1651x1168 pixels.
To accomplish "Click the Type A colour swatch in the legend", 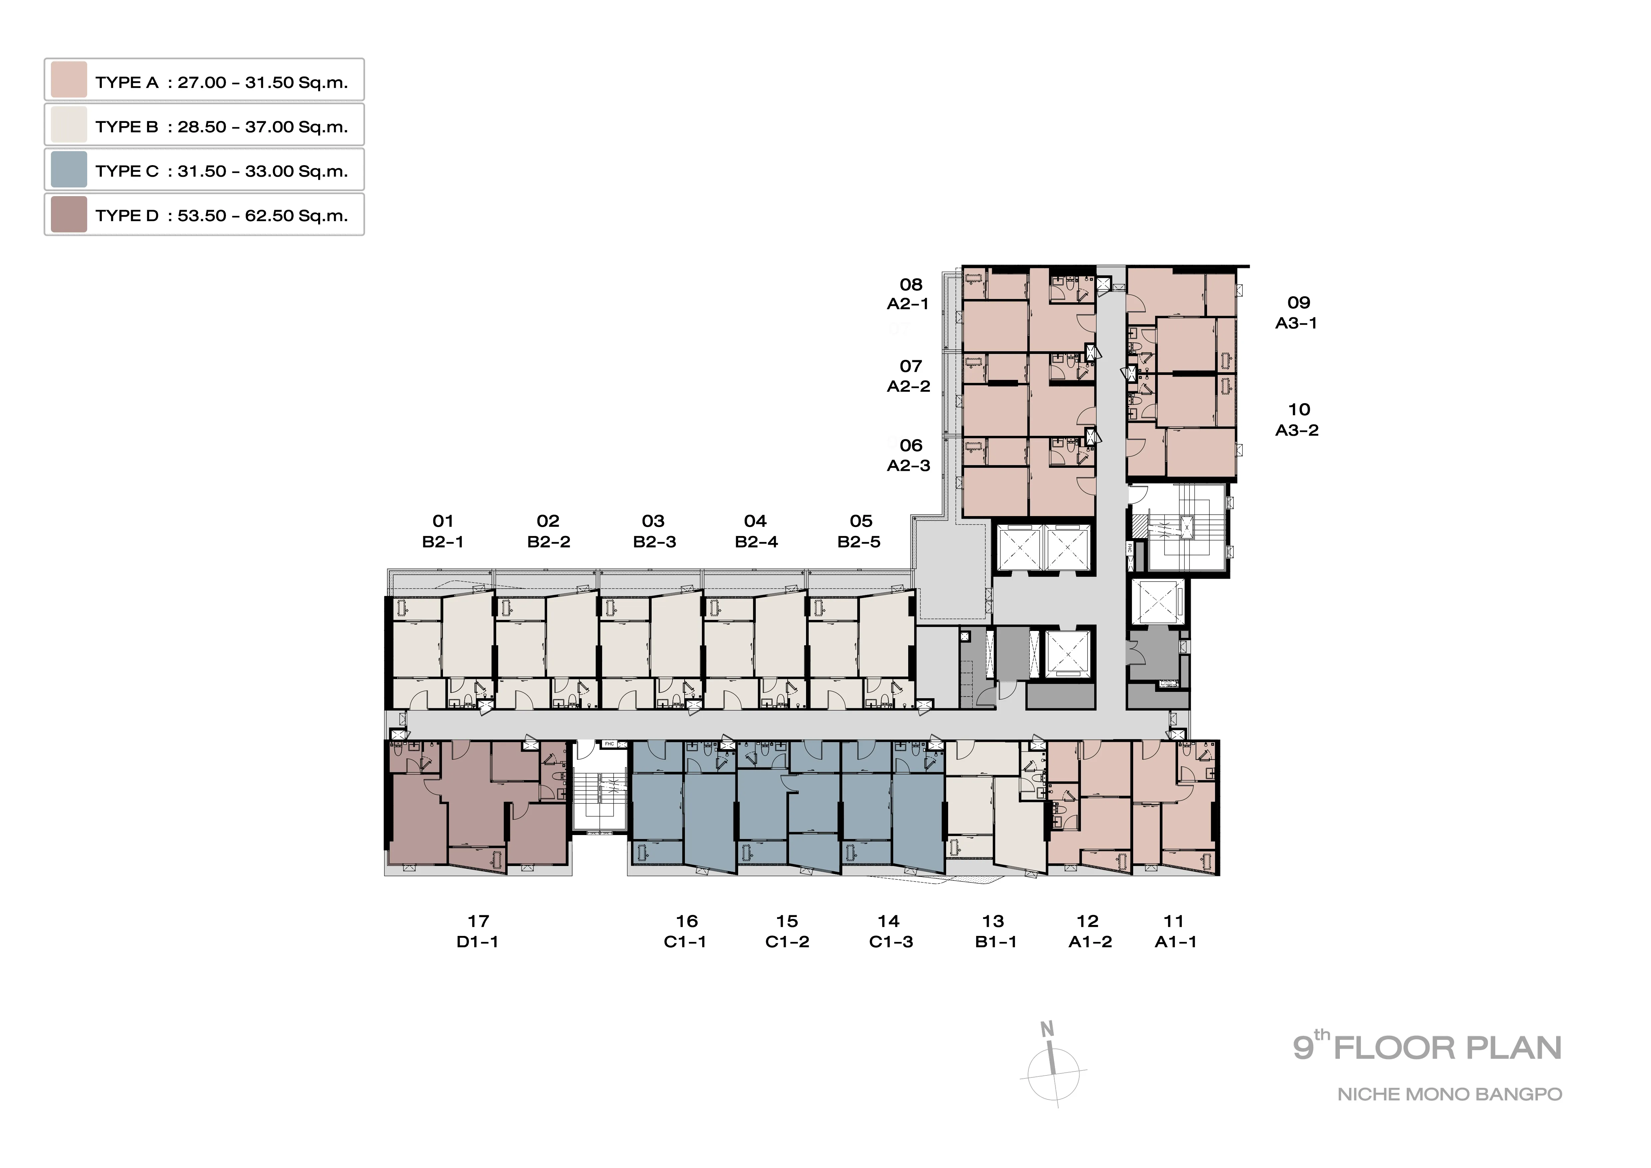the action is pyautogui.click(x=69, y=80).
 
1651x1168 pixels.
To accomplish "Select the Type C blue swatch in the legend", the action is pyautogui.click(x=69, y=169).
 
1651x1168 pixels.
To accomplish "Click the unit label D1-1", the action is pyautogui.click(x=478, y=942).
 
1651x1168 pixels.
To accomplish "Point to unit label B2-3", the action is pyautogui.click(x=654, y=542).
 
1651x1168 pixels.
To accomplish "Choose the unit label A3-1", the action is pyautogui.click(x=1297, y=323).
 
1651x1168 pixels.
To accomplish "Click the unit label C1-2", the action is pyautogui.click(x=787, y=942).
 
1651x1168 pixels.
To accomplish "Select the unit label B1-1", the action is pyautogui.click(x=996, y=942).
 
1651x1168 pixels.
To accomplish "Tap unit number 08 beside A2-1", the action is pyautogui.click(x=911, y=285).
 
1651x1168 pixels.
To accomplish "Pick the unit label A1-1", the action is pyautogui.click(x=1176, y=942).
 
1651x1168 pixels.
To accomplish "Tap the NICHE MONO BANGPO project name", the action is pyautogui.click(x=1450, y=1095).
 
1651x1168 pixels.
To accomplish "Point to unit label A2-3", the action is pyautogui.click(x=909, y=465).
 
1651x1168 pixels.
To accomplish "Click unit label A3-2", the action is pyautogui.click(x=1297, y=430).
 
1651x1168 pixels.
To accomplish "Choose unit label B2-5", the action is pyautogui.click(x=859, y=542).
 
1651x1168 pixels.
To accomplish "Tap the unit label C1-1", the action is pyautogui.click(x=685, y=942).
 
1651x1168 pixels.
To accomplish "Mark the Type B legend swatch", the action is pyautogui.click(x=69, y=125).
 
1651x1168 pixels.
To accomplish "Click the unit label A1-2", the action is pyautogui.click(x=1090, y=942).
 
